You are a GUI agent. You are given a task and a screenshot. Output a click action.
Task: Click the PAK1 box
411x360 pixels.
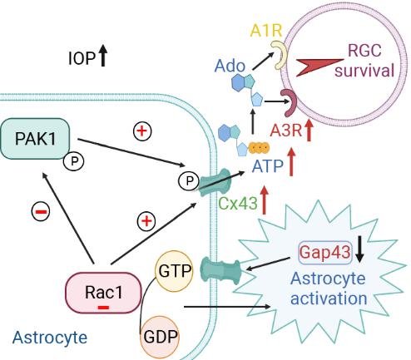tap(35, 139)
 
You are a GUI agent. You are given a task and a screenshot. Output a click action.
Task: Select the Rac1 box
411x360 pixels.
tap(103, 293)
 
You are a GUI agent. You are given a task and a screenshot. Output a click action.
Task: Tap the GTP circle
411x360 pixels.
tap(174, 271)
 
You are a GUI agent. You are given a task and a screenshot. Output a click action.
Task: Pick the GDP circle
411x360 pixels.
tap(160, 337)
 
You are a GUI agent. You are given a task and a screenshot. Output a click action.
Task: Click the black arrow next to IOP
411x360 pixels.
tap(103, 56)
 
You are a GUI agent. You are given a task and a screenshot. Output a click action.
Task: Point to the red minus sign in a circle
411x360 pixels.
tap(41, 212)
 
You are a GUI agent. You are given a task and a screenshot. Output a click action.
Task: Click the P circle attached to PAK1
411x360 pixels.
tap(73, 161)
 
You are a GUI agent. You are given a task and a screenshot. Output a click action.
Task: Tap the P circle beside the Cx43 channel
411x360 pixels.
tap(189, 181)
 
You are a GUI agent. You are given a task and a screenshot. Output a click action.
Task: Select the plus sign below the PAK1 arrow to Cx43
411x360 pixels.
tap(146, 221)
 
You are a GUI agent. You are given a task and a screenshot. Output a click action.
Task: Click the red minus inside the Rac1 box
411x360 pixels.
tap(103, 308)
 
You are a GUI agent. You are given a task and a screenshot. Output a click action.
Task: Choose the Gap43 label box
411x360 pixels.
tap(325, 252)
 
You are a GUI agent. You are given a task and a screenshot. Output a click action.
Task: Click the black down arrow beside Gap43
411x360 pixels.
tap(359, 249)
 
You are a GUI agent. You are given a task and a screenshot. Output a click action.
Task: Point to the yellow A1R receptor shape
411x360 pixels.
tap(279, 55)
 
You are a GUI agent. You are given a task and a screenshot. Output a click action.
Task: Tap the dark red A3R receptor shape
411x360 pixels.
tap(290, 102)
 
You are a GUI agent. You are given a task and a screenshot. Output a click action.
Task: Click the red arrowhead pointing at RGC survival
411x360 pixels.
tap(319, 67)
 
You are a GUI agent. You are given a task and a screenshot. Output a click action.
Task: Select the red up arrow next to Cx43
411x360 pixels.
tap(264, 200)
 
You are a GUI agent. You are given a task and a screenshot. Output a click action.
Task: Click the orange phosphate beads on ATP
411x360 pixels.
tap(259, 147)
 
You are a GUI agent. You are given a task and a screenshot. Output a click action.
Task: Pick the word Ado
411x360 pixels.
tap(230, 66)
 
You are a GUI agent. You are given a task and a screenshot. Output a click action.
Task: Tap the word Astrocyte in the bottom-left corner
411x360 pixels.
tap(50, 338)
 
